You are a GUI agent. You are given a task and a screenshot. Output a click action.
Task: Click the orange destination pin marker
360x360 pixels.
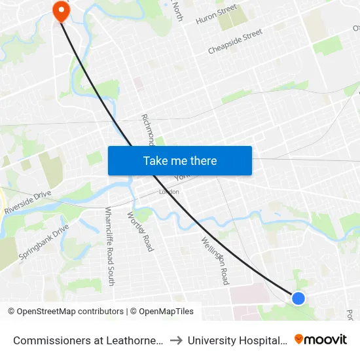click(x=61, y=9)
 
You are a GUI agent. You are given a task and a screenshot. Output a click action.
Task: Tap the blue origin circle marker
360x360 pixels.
click(x=298, y=298)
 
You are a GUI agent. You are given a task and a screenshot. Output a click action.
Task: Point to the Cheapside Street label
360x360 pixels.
click(x=235, y=41)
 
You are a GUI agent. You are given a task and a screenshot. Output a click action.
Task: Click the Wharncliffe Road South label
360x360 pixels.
click(x=109, y=246)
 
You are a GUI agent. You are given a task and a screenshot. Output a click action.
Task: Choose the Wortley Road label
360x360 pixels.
click(x=140, y=231)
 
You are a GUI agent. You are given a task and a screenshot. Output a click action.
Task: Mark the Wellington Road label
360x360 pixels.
click(x=215, y=260)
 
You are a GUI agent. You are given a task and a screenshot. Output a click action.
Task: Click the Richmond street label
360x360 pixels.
click(x=148, y=130)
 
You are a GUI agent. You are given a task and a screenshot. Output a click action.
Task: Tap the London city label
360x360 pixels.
click(x=168, y=192)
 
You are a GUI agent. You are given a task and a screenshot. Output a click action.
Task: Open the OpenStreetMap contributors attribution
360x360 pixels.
click(x=65, y=312)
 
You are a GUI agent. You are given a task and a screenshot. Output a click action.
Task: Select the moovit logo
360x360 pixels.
click(x=321, y=340)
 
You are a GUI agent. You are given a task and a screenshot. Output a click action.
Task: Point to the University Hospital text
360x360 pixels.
click(x=237, y=340)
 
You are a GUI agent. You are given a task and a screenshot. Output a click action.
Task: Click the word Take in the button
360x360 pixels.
click(x=155, y=161)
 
